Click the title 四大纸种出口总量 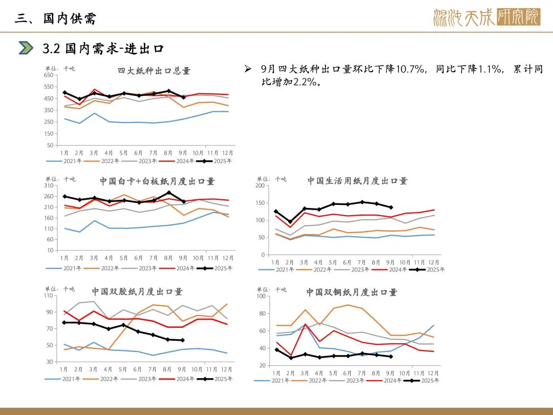(154, 71)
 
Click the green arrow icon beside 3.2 (26, 48)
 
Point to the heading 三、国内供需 (55, 19)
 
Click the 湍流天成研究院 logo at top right (486, 18)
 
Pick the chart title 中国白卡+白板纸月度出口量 (157, 181)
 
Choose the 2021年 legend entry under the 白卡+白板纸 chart (66, 268)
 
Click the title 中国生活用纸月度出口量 (357, 181)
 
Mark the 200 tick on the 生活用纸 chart (260, 186)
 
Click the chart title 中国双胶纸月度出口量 (137, 292)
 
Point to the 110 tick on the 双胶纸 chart (49, 296)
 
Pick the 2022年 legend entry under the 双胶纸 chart (103, 379)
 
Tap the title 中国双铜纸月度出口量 (352, 292)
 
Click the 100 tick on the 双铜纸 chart (260, 296)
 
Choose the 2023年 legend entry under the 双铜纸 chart (353, 381)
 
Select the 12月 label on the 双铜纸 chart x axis (433, 372)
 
